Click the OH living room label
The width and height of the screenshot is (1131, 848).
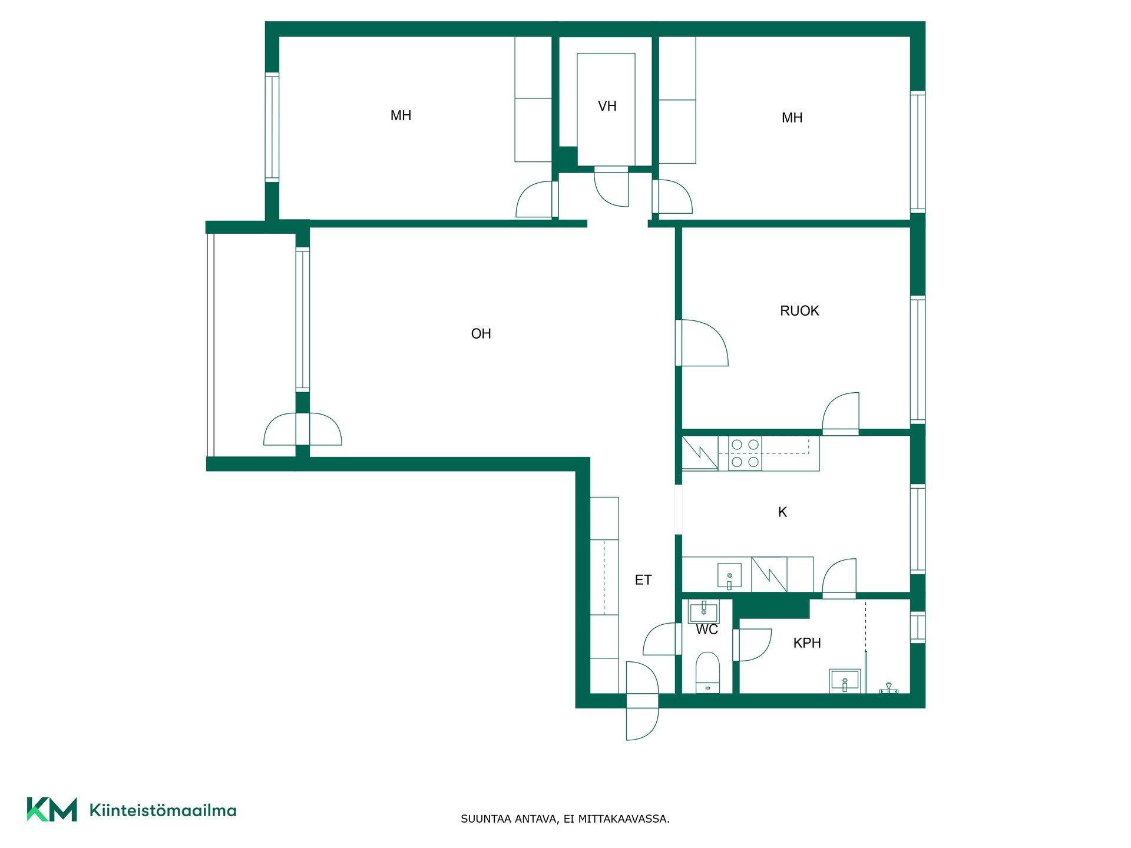pyautogui.click(x=481, y=334)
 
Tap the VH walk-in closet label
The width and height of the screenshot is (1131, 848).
pyautogui.click(x=607, y=106)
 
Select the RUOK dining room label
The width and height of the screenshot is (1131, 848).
pyautogui.click(x=799, y=311)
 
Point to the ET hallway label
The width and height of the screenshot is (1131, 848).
pyautogui.click(x=643, y=580)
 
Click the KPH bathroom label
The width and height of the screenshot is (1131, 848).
pyautogui.click(x=807, y=643)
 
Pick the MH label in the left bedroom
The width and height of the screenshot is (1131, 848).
pyautogui.click(x=401, y=115)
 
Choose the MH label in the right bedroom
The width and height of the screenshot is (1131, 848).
pyautogui.click(x=792, y=118)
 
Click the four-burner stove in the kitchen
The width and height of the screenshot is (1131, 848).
pyautogui.click(x=745, y=453)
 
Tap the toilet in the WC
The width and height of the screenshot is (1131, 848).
pyautogui.click(x=707, y=673)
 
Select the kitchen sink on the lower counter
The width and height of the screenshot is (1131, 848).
pyautogui.click(x=729, y=575)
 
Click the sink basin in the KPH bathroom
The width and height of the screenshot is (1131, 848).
pyautogui.click(x=844, y=681)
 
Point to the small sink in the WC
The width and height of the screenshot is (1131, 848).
pyautogui.click(x=704, y=612)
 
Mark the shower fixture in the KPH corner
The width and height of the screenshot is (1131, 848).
pyautogui.click(x=889, y=688)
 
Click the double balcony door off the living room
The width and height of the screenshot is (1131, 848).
pyautogui.click(x=302, y=429)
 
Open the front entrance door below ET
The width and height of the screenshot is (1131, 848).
pyautogui.click(x=642, y=701)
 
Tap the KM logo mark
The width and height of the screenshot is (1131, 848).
pyautogui.click(x=52, y=809)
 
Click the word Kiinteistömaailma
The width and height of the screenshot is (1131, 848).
pyautogui.click(x=163, y=810)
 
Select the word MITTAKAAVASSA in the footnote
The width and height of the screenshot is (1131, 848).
pyautogui.click(x=624, y=819)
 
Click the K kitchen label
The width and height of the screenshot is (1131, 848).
pyautogui.click(x=782, y=512)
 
